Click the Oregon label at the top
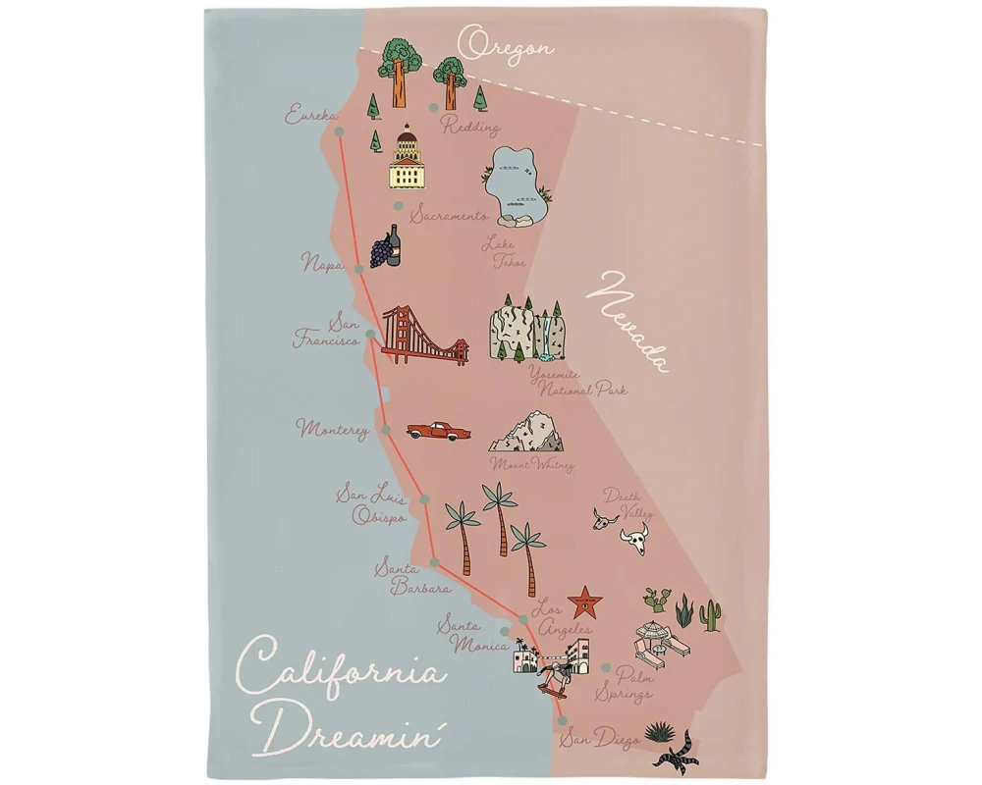pyautogui.click(x=506, y=45)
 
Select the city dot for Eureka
pyautogui.click(x=339, y=131)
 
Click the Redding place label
pyautogui.click(x=471, y=127)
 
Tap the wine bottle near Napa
pyautogui.click(x=394, y=245)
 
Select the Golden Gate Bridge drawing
pyautogui.click(x=424, y=336)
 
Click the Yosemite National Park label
pyautogui.click(x=575, y=383)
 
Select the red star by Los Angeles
pyautogui.click(x=585, y=601)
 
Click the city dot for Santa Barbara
pyautogui.click(x=434, y=562)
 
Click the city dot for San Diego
pyautogui.click(x=563, y=720)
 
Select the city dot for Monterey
pyautogui.click(x=386, y=430)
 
